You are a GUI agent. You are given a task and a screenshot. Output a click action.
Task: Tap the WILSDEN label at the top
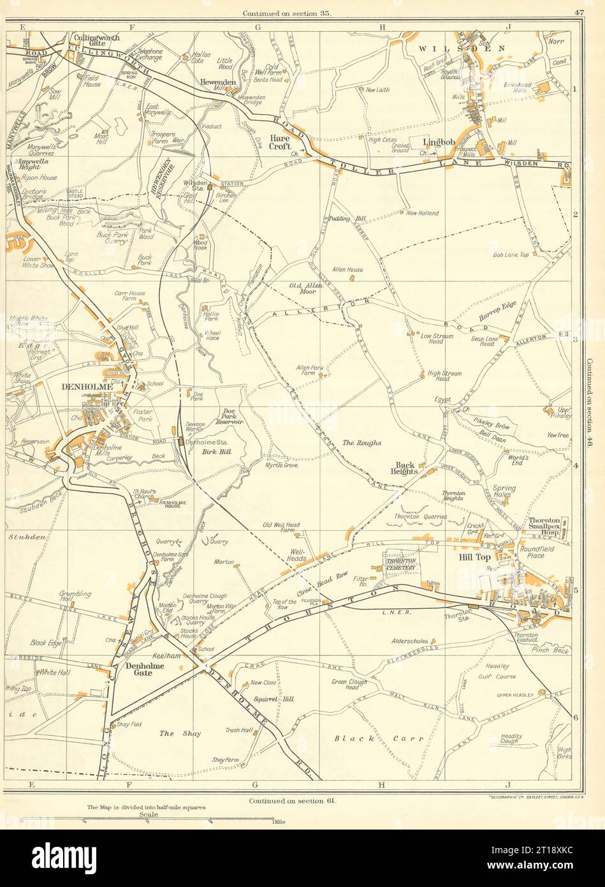(462, 48)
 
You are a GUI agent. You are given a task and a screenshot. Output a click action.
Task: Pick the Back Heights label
(405, 469)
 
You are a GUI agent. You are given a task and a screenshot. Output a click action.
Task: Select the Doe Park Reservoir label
(230, 417)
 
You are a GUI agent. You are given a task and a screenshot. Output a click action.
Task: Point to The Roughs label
(361, 442)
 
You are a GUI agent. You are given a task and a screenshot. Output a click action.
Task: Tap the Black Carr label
(379, 739)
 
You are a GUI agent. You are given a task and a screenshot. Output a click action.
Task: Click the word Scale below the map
(146, 814)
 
